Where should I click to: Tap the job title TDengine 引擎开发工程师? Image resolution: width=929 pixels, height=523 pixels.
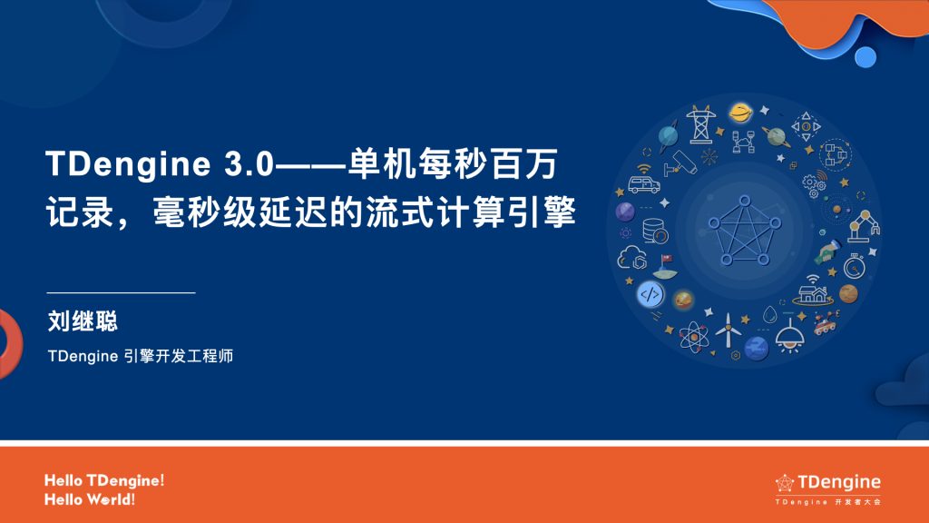point(141,357)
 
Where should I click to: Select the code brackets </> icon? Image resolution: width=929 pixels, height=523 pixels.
point(650,294)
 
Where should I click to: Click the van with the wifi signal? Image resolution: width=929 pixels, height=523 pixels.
point(644,183)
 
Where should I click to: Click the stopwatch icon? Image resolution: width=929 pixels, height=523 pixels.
point(853,267)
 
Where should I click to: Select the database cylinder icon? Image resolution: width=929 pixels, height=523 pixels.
point(652,230)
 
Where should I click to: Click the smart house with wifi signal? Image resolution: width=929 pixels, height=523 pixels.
point(811,291)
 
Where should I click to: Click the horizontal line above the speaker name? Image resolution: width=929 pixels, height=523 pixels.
point(121,293)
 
